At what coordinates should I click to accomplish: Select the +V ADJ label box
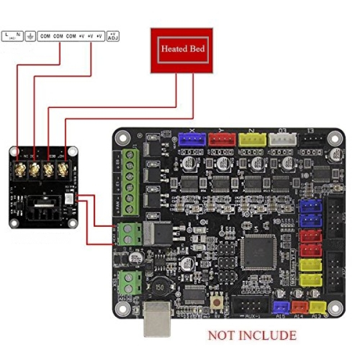[112, 36]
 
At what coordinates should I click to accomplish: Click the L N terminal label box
[13, 36]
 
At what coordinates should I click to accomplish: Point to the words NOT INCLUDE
[252, 335]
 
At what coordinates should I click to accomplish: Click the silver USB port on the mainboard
[159, 319]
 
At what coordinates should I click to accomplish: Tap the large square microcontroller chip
[257, 250]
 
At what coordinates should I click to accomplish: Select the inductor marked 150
[159, 287]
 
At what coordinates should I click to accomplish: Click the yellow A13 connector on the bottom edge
[317, 307]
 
